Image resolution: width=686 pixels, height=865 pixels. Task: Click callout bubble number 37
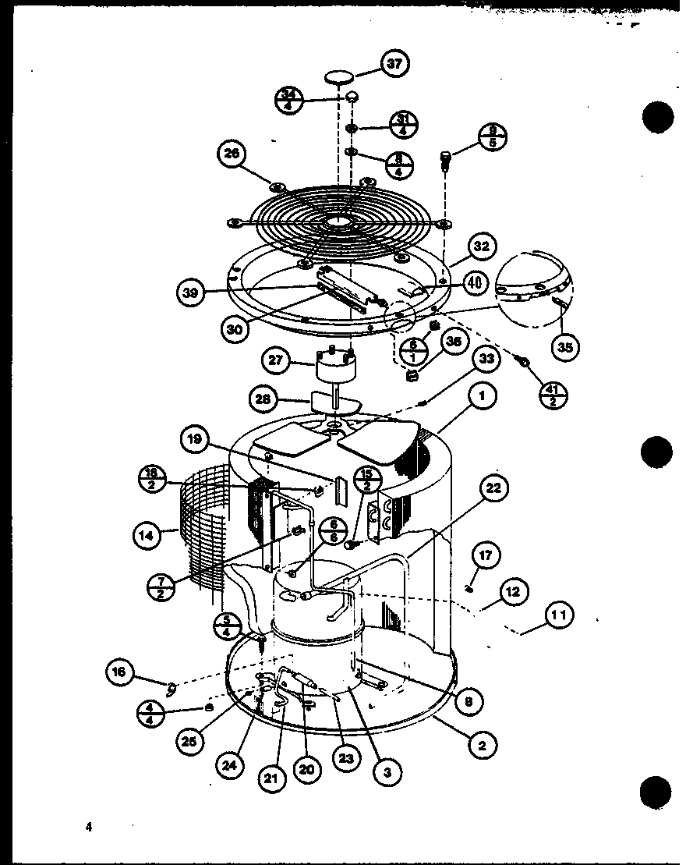395,64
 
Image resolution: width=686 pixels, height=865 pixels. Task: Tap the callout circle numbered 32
480,246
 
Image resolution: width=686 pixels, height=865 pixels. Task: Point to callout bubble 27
274,362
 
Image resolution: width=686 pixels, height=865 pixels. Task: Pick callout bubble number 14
145,536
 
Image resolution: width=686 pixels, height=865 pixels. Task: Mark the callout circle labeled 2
482,745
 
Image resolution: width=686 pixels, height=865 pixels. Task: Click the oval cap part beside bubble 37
338,76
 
